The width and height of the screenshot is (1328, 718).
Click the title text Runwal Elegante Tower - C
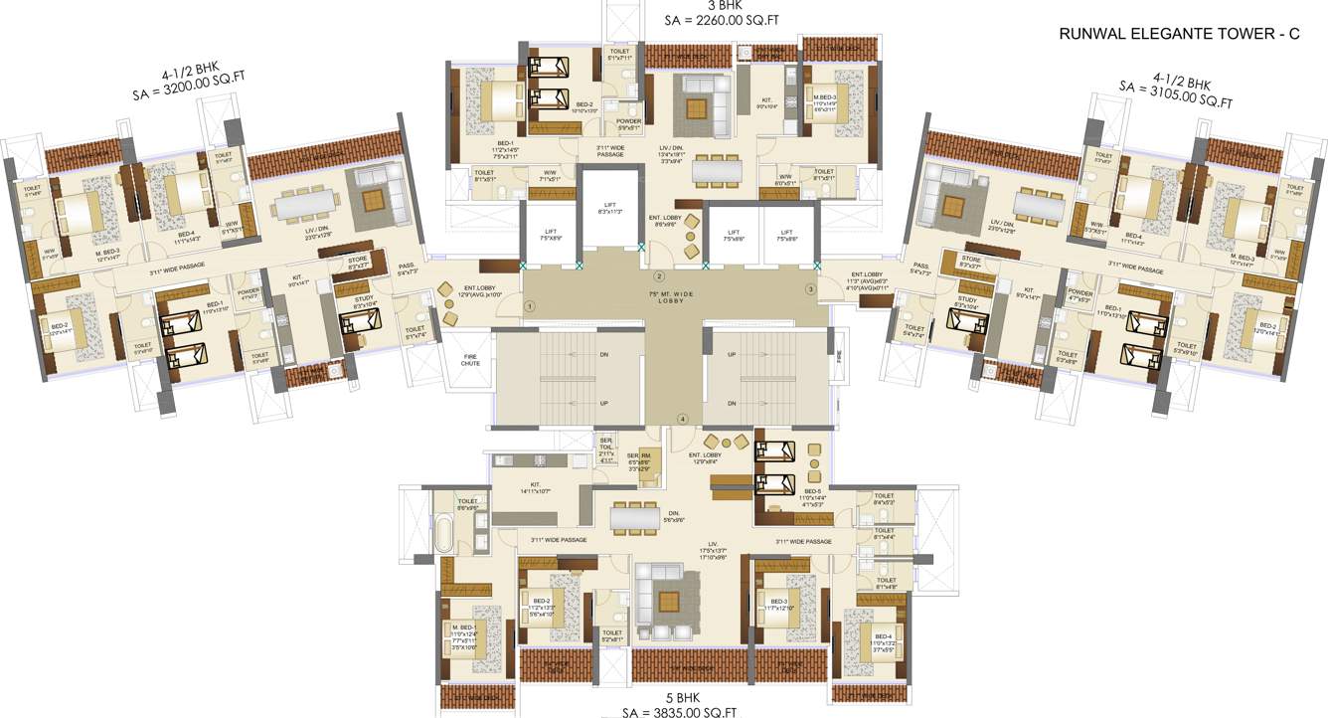(1179, 35)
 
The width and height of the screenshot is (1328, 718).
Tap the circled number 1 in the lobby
(530, 307)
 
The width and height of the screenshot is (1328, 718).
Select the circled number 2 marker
(658, 275)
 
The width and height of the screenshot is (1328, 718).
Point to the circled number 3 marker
(810, 289)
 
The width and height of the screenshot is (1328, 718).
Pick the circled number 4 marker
(682, 419)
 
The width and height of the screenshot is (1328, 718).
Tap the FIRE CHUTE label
(470, 360)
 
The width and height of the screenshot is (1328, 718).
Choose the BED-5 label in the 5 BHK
(812, 491)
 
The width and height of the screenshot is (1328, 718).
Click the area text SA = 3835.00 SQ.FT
(666, 712)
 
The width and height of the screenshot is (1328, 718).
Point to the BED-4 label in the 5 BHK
(882, 635)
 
